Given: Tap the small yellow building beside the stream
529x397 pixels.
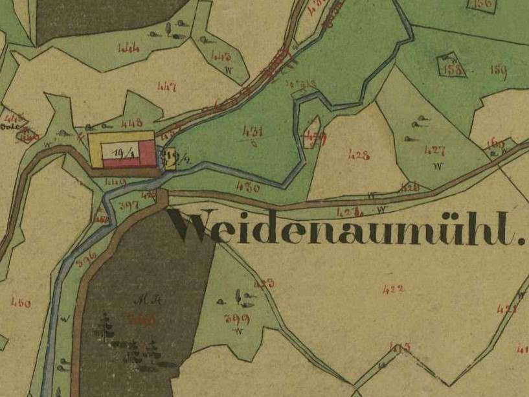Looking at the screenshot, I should coord(171,157).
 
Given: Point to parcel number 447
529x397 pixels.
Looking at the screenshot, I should coord(166,86).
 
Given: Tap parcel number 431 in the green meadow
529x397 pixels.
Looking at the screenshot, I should coord(253,132).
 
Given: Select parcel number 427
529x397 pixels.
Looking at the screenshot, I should coord(434,150).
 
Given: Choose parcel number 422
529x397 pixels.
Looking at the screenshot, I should coord(393,289).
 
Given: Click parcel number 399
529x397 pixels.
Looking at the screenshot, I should coord(236,318).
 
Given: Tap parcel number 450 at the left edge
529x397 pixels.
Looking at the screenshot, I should coord(21,302).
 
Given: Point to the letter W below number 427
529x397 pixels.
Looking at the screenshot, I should coord(439,166).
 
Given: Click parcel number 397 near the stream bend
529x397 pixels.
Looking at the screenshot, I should coord(129,205).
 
